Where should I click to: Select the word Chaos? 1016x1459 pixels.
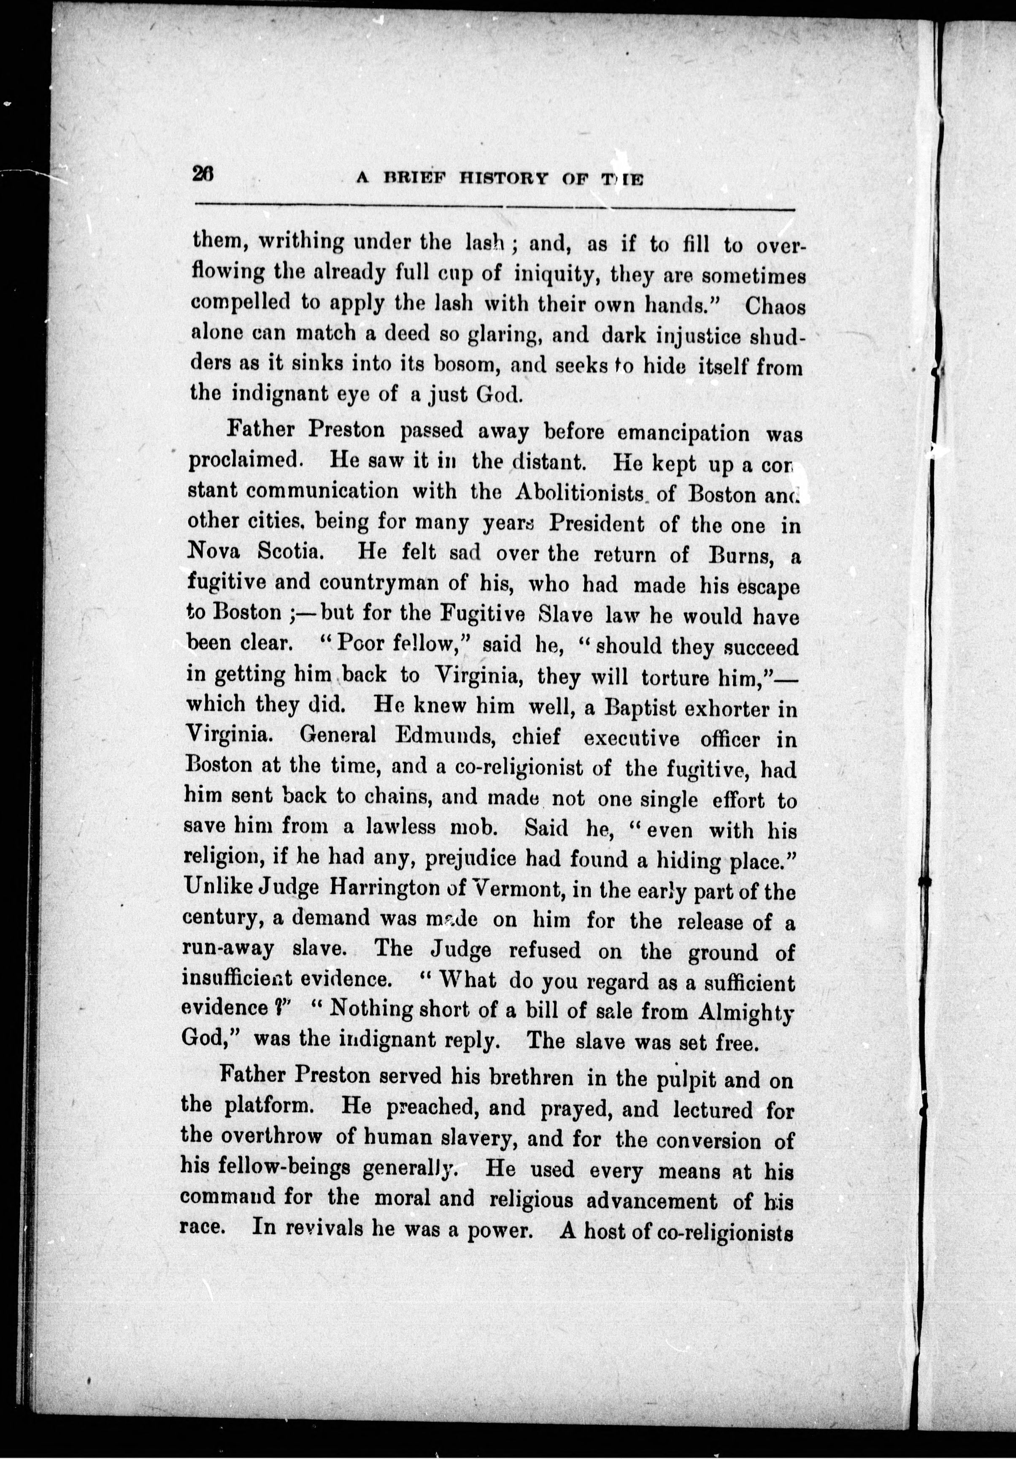point(775,307)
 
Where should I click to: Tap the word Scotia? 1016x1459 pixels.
point(292,552)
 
